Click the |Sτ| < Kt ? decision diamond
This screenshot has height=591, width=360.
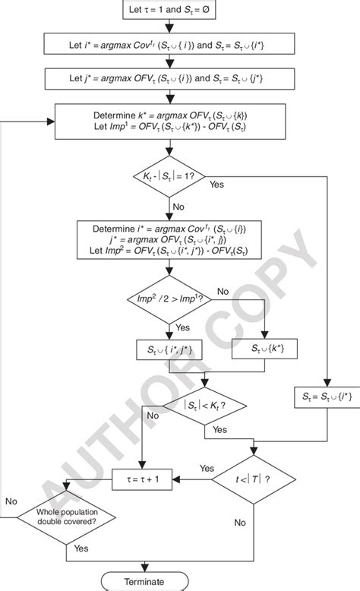204,406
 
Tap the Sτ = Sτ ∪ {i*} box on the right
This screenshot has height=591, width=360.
327,396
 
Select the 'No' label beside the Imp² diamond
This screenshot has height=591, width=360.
223,291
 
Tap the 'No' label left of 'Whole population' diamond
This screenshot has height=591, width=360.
11,502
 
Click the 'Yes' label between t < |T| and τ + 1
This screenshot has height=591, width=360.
206,468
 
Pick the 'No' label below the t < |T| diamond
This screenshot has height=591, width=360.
240,523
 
